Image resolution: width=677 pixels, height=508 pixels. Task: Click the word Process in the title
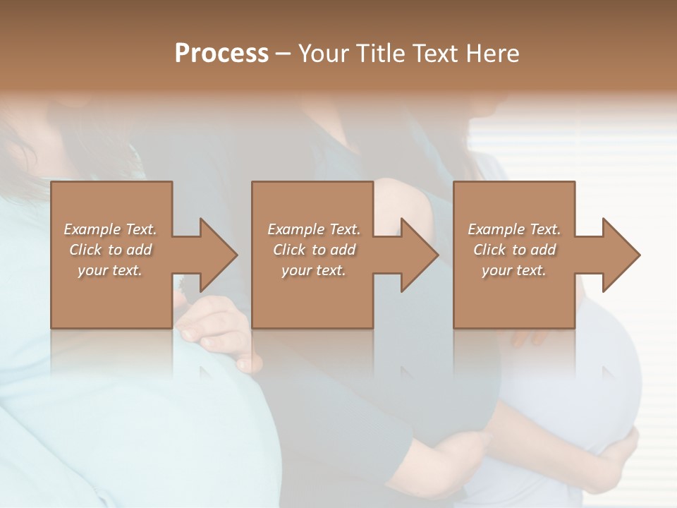click(221, 54)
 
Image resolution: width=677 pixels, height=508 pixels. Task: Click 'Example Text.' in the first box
click(110, 229)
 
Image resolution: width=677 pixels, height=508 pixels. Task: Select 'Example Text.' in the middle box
click(313, 229)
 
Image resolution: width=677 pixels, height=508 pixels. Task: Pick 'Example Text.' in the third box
click(514, 229)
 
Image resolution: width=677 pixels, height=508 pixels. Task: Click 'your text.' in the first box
click(110, 270)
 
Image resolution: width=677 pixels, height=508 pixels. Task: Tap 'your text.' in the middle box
click(313, 270)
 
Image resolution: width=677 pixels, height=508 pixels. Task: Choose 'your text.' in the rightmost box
click(514, 270)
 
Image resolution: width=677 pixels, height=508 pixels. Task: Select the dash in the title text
click(283, 54)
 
